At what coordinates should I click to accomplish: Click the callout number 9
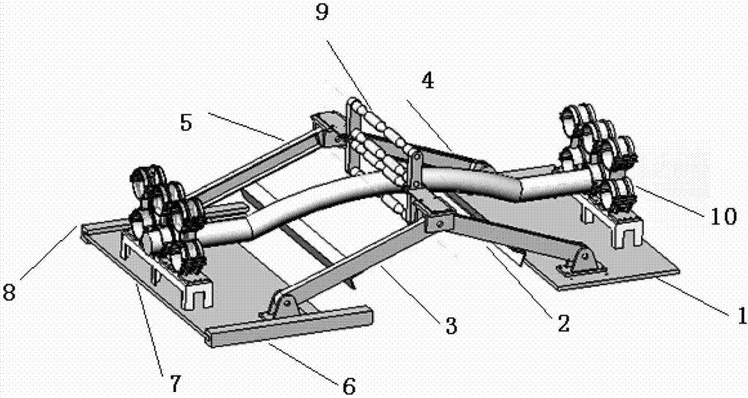click(x=322, y=13)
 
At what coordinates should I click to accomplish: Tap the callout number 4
click(x=428, y=80)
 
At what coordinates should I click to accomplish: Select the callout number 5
click(x=186, y=122)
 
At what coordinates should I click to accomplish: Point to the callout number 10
click(x=724, y=216)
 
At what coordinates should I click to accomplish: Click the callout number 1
click(x=741, y=316)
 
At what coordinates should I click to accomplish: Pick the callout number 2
click(x=563, y=324)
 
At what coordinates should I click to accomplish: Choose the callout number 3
click(x=451, y=326)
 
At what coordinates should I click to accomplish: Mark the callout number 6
click(x=349, y=385)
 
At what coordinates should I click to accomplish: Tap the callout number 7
click(x=176, y=383)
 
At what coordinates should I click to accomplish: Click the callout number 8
click(x=9, y=292)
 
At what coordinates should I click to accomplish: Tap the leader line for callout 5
click(x=246, y=126)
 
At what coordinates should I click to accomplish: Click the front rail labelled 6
click(x=290, y=325)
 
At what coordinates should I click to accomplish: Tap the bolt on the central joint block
click(x=438, y=222)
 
